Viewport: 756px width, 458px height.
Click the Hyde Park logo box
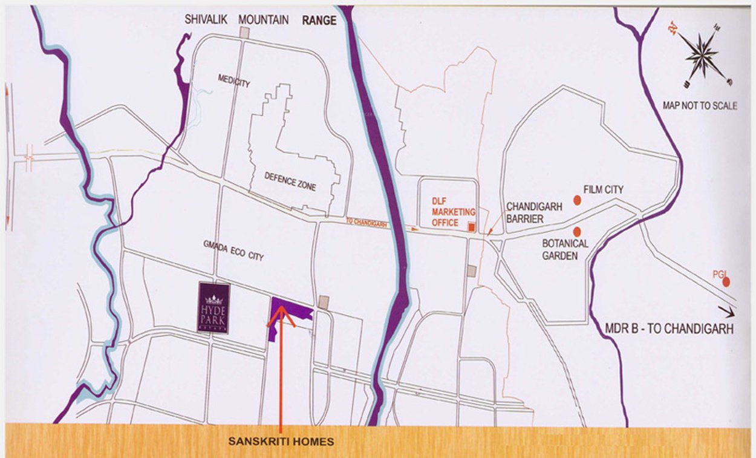point(213,307)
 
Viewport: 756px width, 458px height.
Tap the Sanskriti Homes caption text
point(281,442)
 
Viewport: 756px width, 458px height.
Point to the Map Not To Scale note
point(700,106)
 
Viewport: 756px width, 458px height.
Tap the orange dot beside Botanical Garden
point(577,231)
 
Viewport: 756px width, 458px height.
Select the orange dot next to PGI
point(726,281)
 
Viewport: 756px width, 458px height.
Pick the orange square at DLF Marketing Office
point(472,227)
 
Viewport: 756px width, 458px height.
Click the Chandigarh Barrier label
point(534,212)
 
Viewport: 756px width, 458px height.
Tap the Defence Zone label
point(290,181)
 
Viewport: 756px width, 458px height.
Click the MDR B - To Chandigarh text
point(669,329)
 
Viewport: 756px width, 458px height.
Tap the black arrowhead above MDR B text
point(728,313)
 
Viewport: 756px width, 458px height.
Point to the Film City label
point(603,190)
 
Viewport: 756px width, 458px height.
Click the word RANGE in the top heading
point(319,21)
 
